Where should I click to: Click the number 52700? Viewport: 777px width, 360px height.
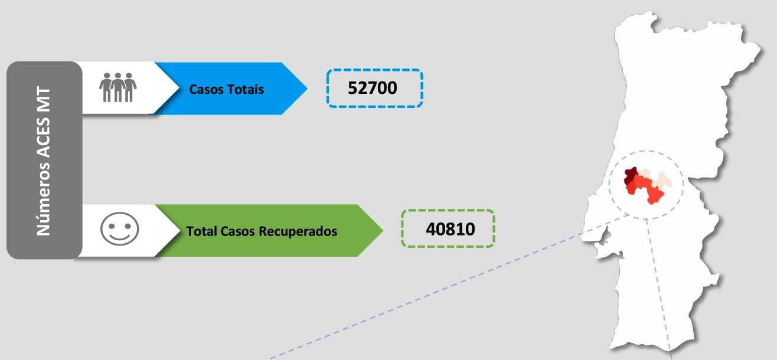pos(372,88)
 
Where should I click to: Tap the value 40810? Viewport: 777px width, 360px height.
pos(450,229)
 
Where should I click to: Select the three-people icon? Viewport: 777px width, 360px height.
pos(118,87)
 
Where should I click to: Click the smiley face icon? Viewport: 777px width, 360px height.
pos(120,229)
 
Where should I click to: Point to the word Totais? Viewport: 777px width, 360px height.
pos(245,90)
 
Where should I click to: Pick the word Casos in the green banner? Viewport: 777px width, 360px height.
pos(238,231)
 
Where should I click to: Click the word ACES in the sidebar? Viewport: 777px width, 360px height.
pos(44,137)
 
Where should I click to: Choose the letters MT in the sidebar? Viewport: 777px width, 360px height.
pos(44,100)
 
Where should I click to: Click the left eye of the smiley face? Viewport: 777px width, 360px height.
pos(112,226)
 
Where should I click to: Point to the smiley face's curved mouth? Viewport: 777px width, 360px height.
pos(120,237)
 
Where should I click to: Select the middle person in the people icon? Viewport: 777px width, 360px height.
pos(118,87)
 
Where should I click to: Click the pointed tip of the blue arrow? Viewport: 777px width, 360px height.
pos(307,89)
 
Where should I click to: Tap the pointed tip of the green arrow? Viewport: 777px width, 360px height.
pos(383,230)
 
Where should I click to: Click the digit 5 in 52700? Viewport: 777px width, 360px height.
pos(352,88)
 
